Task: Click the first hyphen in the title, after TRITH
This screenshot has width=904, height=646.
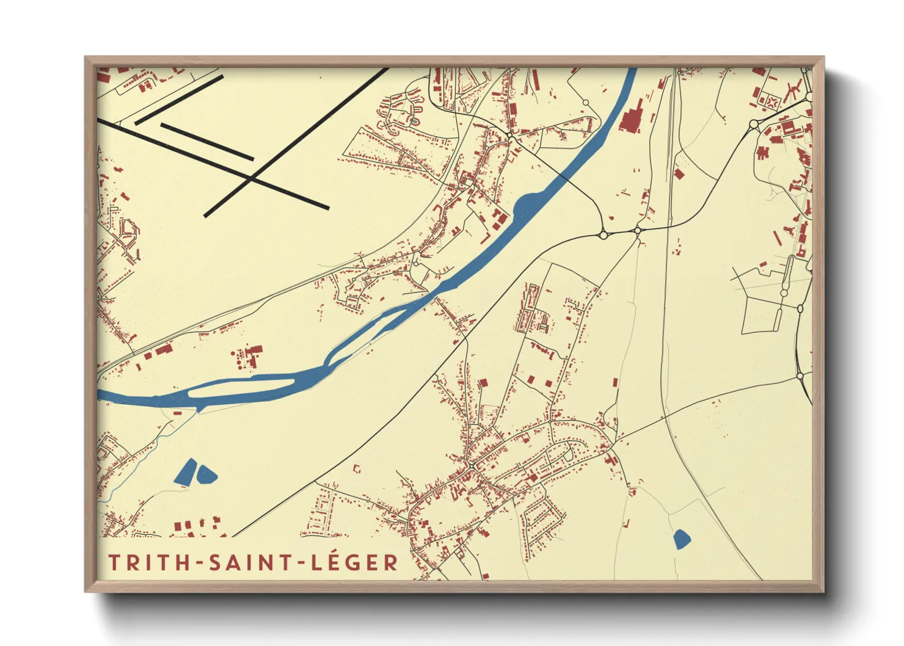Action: pos(200,563)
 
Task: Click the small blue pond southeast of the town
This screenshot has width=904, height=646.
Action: pos(682,539)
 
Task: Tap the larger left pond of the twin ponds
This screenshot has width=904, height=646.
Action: pos(186,472)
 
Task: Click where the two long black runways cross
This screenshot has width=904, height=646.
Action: pos(251,178)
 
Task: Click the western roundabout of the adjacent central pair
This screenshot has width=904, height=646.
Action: pos(603,234)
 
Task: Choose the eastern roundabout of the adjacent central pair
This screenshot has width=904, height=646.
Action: pos(637,231)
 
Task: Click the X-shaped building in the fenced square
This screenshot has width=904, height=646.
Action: pos(772,102)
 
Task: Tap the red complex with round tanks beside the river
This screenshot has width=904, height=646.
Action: pos(247,357)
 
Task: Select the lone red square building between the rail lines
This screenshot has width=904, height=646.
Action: pos(679,174)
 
